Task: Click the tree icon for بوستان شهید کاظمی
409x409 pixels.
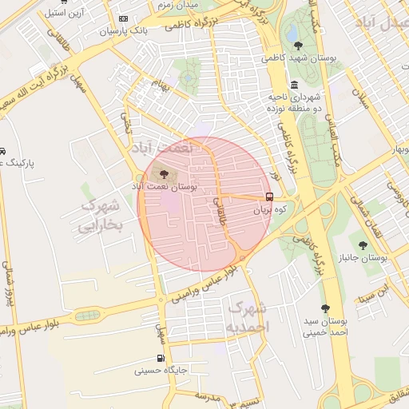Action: click(299, 45)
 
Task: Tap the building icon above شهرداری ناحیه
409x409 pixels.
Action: click(295, 85)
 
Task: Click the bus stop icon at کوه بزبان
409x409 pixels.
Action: click(268, 197)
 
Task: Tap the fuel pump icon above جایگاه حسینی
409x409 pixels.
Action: click(161, 358)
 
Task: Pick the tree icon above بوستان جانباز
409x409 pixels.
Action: click(363, 245)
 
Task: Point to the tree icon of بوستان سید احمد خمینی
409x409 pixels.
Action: click(325, 308)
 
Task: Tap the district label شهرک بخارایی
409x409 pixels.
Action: click(101, 216)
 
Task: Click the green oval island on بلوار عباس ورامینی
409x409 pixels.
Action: click(87, 315)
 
